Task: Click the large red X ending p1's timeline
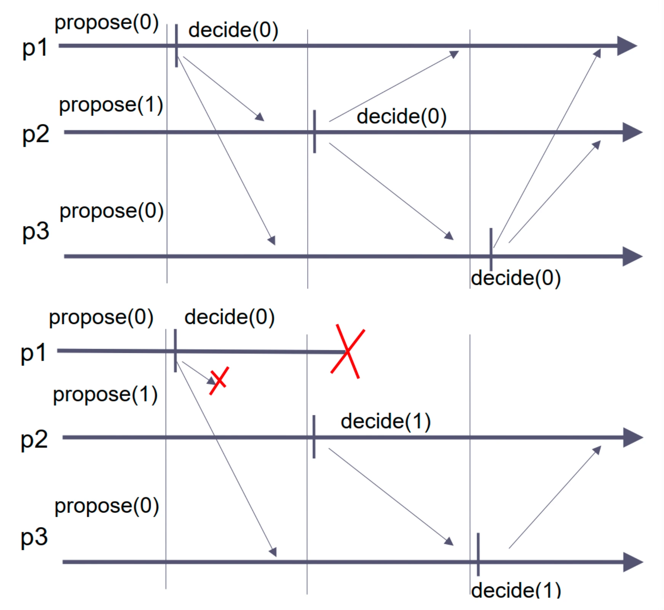pyautogui.click(x=348, y=352)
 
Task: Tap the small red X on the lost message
pyautogui.click(x=219, y=380)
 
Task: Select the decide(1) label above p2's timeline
pyautogui.click(x=385, y=421)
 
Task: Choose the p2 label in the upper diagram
pyautogui.click(x=35, y=134)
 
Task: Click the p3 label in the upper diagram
pyautogui.click(x=35, y=231)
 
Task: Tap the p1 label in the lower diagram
pyautogui.click(x=33, y=353)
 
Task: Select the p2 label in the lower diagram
pyautogui.click(x=34, y=440)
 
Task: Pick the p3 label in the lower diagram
pyautogui.click(x=34, y=537)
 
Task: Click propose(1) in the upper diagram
pyautogui.click(x=111, y=105)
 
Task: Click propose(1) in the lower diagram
pyautogui.click(x=105, y=395)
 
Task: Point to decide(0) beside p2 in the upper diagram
pyautogui.click(x=401, y=116)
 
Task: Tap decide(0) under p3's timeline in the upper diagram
pyautogui.click(x=516, y=278)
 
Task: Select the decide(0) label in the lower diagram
pyautogui.click(x=229, y=317)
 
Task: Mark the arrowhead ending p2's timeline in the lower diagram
pyautogui.click(x=632, y=438)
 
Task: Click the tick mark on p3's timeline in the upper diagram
pyautogui.click(x=491, y=249)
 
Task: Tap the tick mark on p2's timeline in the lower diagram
pyautogui.click(x=314, y=437)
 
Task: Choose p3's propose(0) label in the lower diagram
pyautogui.click(x=107, y=506)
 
